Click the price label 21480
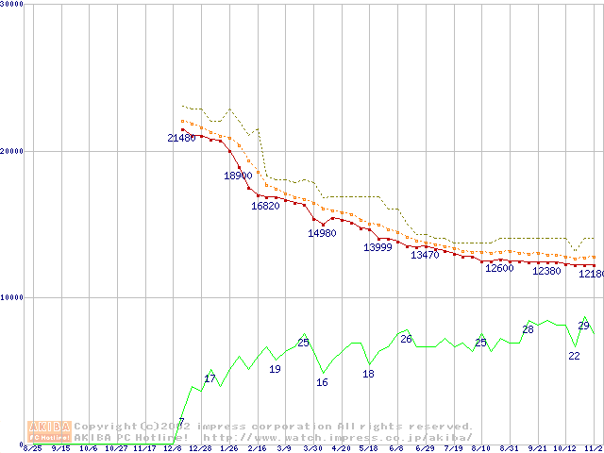point(181,138)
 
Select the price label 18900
point(238,176)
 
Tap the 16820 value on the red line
point(265,206)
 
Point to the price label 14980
point(322,233)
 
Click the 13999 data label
point(377,247)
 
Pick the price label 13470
point(425,255)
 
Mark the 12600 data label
point(498,268)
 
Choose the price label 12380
point(546,271)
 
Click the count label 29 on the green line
point(583,326)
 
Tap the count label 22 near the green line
point(574,356)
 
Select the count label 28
point(528,329)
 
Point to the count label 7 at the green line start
point(181,421)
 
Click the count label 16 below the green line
point(322,382)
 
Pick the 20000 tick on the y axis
point(11,151)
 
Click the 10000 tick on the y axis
point(11,297)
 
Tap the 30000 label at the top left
point(11,3)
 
